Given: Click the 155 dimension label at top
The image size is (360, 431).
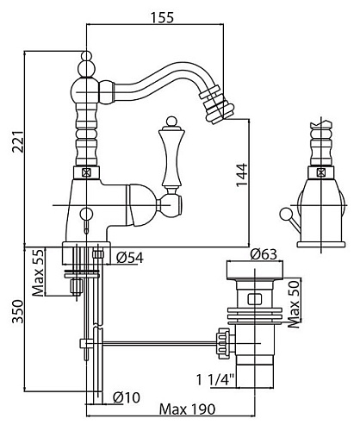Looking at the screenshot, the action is point(162,17).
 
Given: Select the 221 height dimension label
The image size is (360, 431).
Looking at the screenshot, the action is point(17,141).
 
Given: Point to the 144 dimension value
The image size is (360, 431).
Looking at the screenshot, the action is point(242,175).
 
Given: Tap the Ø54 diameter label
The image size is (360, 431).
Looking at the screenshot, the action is point(130,258).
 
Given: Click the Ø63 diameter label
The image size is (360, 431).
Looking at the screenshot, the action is point(264,254).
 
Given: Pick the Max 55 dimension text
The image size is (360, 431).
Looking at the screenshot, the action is point(38,272).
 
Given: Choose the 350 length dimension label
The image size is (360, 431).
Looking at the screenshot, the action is point(17,311).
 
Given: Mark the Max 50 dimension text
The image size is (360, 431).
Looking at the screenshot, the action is point(294,304).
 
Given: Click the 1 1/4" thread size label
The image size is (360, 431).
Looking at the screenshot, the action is point(215,379).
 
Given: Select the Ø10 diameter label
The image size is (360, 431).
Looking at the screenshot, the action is point(127,397).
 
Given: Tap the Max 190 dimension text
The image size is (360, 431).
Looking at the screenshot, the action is point(187,409).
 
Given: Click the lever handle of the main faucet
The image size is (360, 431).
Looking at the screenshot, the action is point(171,155).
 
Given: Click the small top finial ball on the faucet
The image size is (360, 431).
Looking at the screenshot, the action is point(86,55).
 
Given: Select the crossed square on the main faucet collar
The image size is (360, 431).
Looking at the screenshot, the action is point(86,172).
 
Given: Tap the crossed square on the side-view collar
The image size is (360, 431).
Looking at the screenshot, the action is point(321,172).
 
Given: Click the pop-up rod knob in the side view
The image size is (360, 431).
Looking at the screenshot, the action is point(285,214).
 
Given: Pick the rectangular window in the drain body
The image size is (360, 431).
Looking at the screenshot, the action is point(254,299).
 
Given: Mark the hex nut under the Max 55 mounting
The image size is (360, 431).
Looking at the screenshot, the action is point(77,286).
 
